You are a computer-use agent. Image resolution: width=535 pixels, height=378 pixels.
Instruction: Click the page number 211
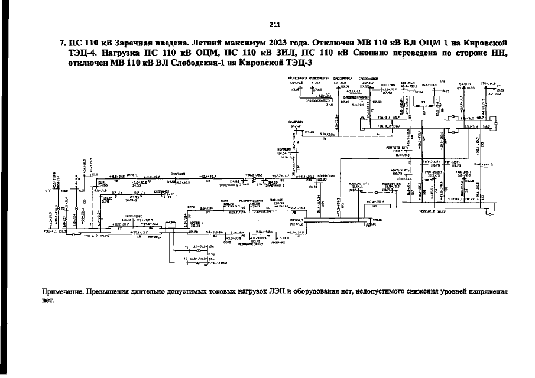(274, 24)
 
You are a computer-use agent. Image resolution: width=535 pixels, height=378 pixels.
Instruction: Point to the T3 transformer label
(423, 102)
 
